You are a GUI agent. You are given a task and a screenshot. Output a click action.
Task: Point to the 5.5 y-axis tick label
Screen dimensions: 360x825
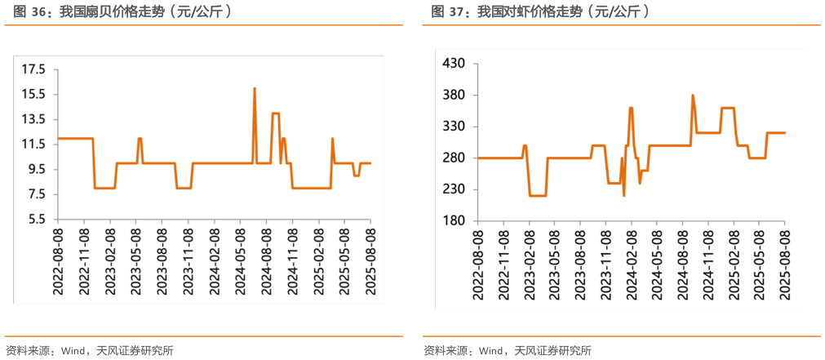tap(36, 220)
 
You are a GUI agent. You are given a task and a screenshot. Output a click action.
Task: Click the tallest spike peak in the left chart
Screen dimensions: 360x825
tap(255, 88)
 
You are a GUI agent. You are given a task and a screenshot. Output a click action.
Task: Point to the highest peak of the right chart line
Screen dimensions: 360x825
tap(693, 96)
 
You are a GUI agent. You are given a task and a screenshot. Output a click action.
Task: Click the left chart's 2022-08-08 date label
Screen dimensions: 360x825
tap(57, 253)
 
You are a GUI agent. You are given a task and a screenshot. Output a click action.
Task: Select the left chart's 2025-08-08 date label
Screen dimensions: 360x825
tap(370, 253)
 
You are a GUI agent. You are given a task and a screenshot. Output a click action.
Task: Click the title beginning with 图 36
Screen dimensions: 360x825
tap(118, 11)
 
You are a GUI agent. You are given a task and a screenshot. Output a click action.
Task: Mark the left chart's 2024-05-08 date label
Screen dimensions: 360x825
tap(240, 253)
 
